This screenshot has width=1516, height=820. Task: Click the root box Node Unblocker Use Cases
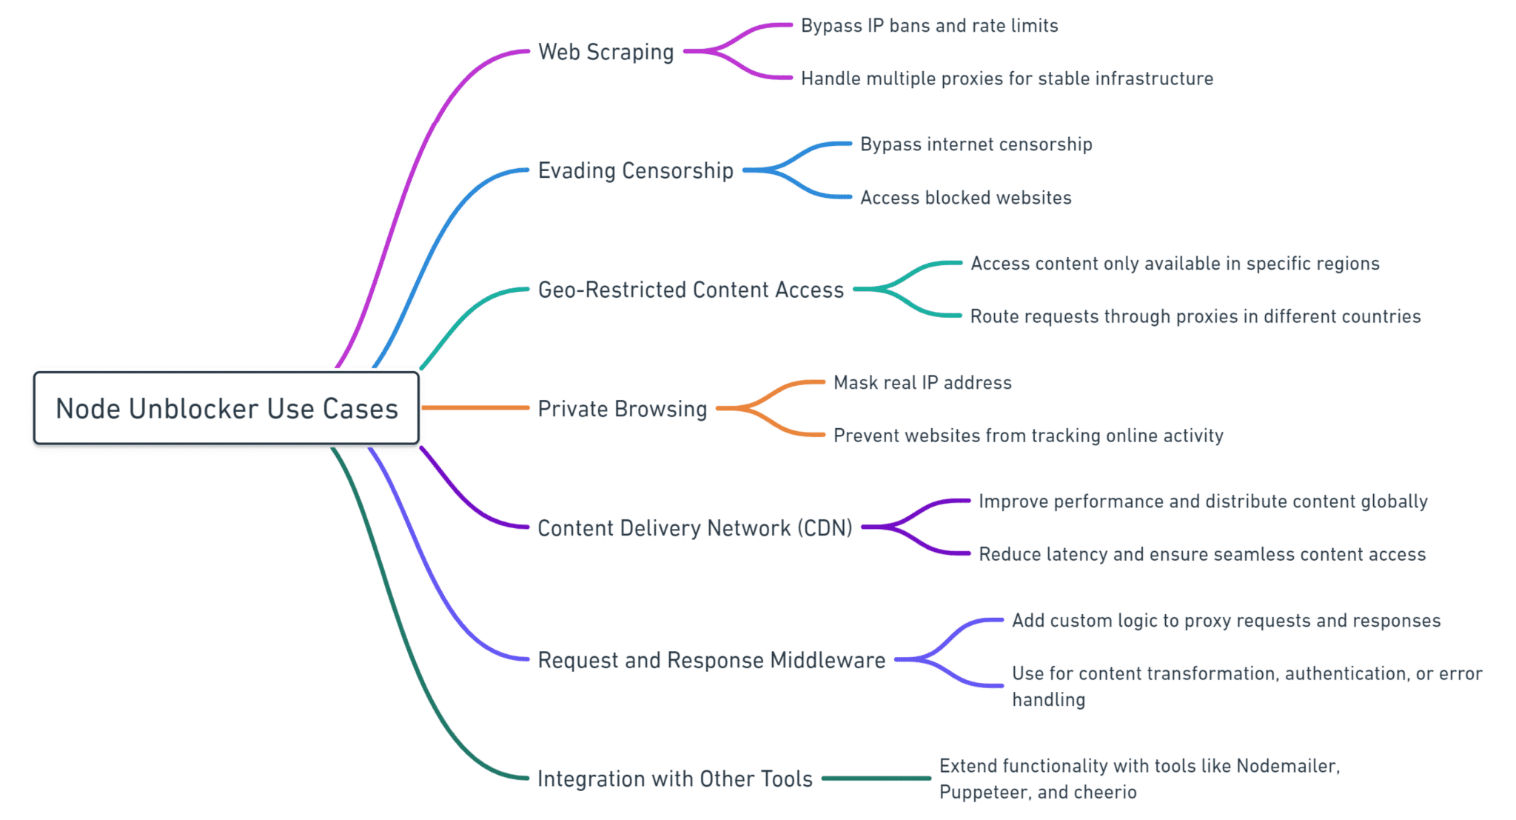pos(227,408)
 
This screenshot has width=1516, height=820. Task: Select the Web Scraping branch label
pos(606,52)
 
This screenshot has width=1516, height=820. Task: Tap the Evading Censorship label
pos(635,170)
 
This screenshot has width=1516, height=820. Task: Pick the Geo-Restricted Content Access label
pos(691,290)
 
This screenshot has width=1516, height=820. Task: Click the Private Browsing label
pos(623,409)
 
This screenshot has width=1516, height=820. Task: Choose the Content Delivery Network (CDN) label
pos(694,528)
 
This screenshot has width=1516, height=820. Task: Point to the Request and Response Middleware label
pos(711,660)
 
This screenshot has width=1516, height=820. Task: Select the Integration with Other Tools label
pos(674,779)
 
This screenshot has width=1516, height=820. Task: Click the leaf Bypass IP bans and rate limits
pos(929,26)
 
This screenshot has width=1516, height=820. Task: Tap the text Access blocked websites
pos(965,198)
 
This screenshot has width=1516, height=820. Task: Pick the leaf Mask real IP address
pos(922,383)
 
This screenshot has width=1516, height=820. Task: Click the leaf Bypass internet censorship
pos(976,144)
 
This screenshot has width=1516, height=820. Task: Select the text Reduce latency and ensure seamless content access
pos(1201,555)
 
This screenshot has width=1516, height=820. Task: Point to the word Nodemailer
pos(1287,766)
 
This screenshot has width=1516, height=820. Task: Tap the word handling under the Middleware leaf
pos(1048,700)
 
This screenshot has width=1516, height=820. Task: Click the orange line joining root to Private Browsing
pos(474,407)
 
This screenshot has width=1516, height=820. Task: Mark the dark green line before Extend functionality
pos(876,779)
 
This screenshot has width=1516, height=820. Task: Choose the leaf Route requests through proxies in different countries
pos(1195,317)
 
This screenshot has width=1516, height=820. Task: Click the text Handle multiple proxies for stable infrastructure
pos(1007,79)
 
